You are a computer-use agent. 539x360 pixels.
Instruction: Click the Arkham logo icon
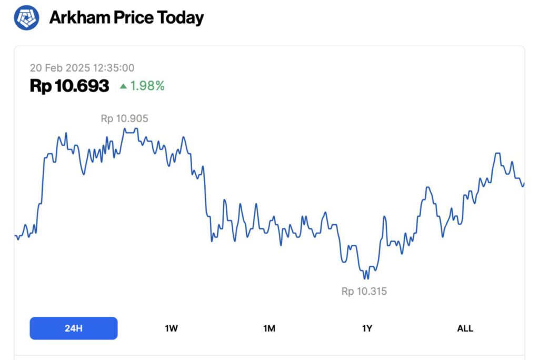[26, 17]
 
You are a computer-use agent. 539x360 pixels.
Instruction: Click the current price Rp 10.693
[69, 86]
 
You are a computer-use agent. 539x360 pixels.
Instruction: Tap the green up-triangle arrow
[123, 86]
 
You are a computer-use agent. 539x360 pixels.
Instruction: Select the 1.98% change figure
[147, 86]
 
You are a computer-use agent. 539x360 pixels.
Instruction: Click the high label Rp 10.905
[124, 119]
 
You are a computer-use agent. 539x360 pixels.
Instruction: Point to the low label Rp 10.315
[364, 291]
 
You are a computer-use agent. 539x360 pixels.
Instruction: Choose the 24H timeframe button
[74, 328]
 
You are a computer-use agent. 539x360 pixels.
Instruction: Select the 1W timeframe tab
[171, 328]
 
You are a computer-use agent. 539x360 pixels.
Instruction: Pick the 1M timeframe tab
[269, 328]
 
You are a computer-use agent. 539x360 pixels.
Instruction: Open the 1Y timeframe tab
[367, 328]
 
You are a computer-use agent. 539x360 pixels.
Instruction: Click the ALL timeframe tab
[465, 328]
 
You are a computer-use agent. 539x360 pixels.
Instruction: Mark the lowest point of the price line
[366, 279]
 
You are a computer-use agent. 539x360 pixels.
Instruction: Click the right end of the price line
[524, 183]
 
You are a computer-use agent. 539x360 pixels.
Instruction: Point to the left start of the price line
[15, 236]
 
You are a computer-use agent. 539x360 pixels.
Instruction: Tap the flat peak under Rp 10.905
[131, 128]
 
